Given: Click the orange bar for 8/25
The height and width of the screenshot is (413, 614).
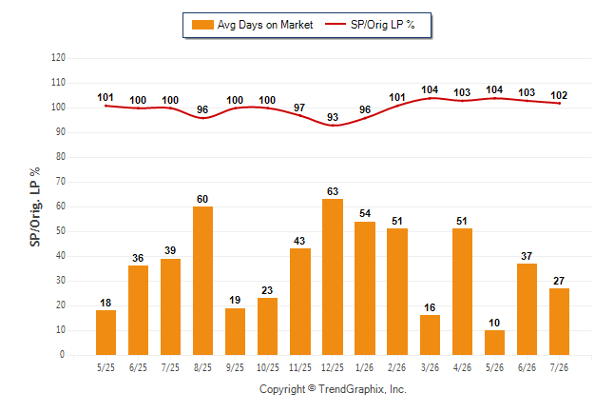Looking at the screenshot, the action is (x=202, y=281).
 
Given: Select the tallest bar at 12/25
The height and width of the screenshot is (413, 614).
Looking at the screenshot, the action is (x=333, y=277).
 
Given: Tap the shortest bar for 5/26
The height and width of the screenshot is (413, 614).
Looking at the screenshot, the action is (x=494, y=343).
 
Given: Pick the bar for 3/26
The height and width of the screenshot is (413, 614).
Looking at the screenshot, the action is (x=430, y=335).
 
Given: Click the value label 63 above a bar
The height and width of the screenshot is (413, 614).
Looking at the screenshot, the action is (x=333, y=191).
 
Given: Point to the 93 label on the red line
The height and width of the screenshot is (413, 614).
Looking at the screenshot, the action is (x=333, y=117).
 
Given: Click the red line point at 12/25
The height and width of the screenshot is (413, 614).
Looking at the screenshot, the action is (x=333, y=126).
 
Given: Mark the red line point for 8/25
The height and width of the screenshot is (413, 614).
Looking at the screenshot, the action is (x=202, y=118).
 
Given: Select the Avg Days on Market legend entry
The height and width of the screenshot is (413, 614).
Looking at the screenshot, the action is (x=253, y=25).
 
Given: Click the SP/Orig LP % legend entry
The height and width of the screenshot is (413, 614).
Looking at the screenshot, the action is (x=370, y=25).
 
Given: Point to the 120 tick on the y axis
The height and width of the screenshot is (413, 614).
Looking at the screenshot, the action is (x=58, y=58).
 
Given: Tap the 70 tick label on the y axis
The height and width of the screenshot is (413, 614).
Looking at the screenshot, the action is (x=61, y=182).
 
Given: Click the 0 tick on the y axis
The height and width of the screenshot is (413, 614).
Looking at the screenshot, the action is (x=62, y=355).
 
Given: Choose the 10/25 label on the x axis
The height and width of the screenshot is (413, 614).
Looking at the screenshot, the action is (x=268, y=367).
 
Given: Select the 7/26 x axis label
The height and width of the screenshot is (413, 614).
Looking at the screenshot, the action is (x=559, y=367).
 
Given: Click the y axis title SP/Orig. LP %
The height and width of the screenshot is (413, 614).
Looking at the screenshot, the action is (x=35, y=206).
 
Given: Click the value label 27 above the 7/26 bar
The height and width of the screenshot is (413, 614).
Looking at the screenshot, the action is (x=559, y=281).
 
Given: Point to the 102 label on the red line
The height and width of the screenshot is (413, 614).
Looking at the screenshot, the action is (x=559, y=95).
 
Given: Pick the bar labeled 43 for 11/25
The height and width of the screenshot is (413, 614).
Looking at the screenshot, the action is (x=300, y=302).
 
